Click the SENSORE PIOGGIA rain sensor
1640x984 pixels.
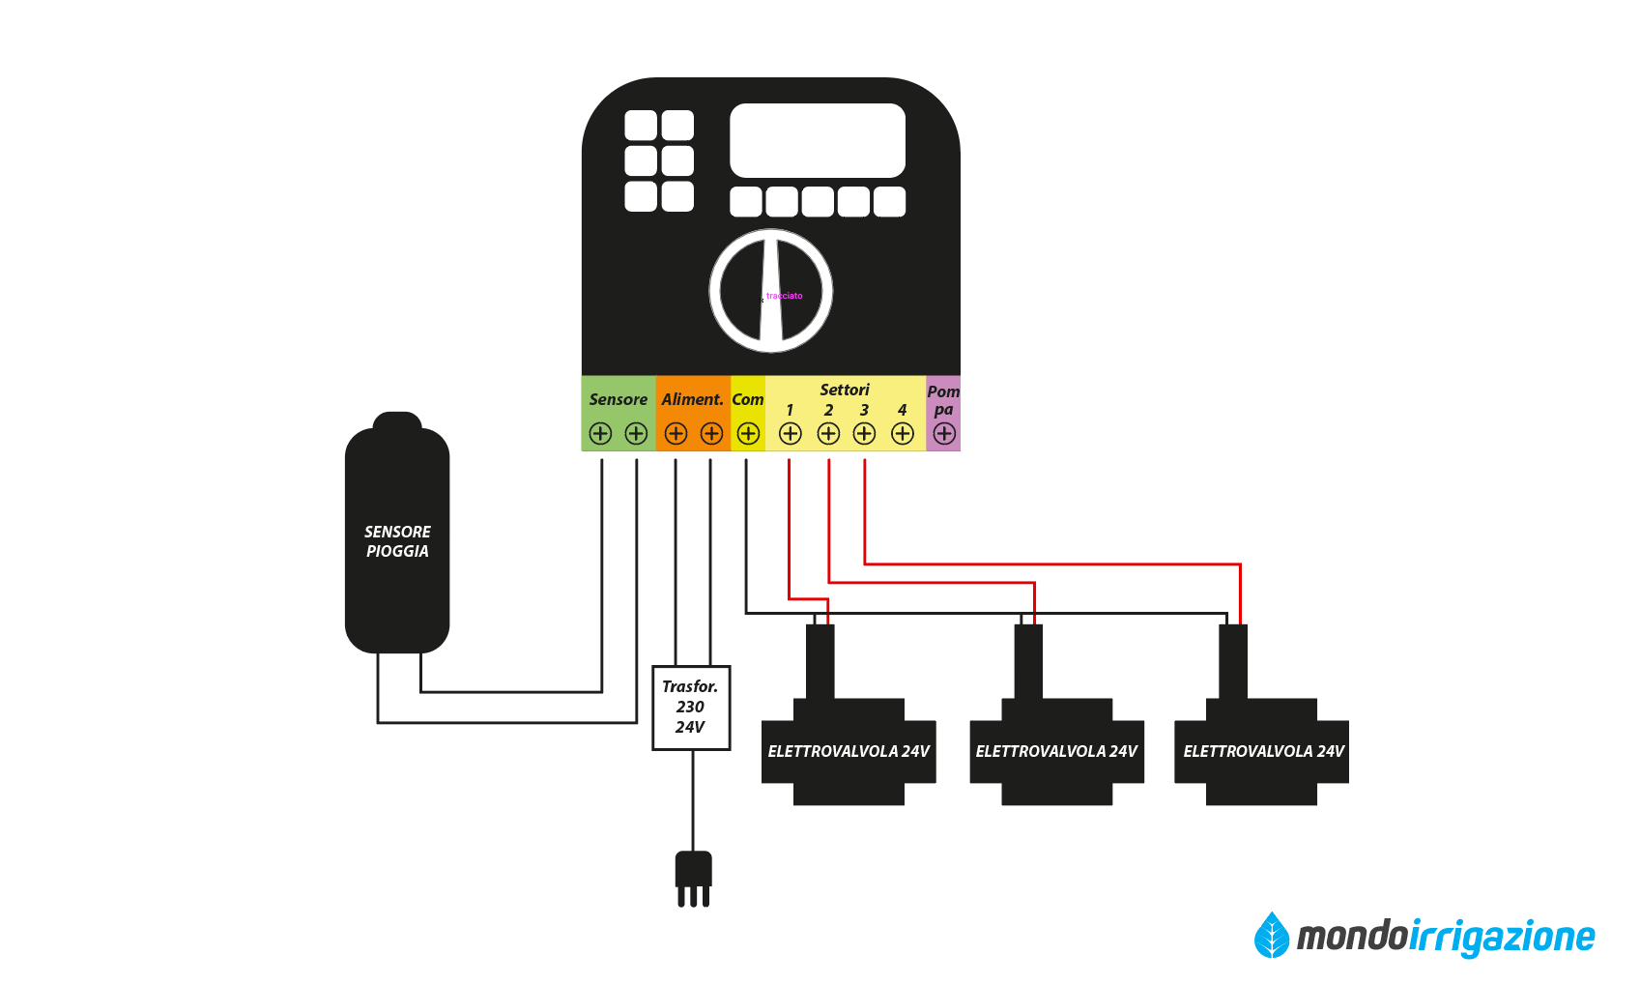coord(397,540)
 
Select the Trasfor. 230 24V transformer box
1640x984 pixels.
coord(691,708)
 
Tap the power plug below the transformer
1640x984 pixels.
coord(694,876)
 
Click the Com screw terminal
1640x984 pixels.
coord(748,434)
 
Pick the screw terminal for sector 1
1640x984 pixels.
coord(791,434)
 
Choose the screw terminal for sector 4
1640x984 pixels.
coord(903,434)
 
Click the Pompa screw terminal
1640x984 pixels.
coord(944,434)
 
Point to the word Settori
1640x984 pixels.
coord(845,390)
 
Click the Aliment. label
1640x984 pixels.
coord(692,399)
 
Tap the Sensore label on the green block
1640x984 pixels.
coord(619,399)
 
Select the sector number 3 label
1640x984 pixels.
coord(865,410)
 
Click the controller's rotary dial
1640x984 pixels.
coord(771,291)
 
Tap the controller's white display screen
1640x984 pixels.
coord(818,140)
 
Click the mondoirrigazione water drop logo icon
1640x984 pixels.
coord(1272,935)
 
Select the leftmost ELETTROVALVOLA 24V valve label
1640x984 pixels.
coord(849,751)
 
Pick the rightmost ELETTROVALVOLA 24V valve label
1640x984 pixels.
coord(1263,751)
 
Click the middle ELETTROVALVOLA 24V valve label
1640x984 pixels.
coord(1056,751)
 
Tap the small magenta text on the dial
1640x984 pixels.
coord(784,296)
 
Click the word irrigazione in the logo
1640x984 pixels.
coord(1502,937)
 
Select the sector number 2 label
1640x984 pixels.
coord(828,410)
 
